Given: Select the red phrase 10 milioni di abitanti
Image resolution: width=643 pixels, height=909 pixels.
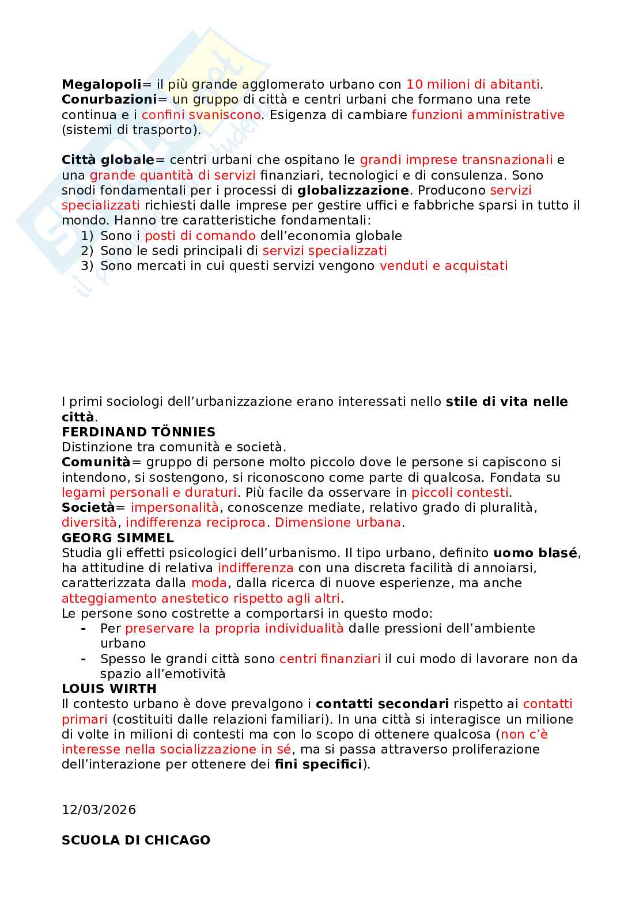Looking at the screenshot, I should [x=473, y=85].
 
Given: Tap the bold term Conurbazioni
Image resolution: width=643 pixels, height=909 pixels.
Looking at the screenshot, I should [x=109, y=100].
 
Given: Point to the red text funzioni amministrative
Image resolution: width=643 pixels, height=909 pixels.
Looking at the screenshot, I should [x=488, y=115].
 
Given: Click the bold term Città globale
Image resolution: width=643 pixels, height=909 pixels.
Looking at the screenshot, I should [x=108, y=160].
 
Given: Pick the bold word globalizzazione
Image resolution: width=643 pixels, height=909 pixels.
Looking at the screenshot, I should [x=353, y=190].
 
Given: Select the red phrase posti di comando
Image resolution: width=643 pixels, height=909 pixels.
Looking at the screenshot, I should [x=200, y=235].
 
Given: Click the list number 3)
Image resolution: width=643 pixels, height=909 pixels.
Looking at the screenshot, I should [x=87, y=265].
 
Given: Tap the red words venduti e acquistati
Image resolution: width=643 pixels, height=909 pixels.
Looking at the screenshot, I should [x=444, y=265].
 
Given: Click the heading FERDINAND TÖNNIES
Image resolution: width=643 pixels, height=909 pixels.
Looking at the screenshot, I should [x=138, y=432].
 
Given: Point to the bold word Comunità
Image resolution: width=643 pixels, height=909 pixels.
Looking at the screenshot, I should [x=96, y=462].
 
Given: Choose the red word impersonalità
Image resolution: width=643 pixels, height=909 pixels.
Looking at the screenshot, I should [x=175, y=507].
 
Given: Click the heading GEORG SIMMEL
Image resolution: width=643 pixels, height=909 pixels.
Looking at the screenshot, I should [x=118, y=538].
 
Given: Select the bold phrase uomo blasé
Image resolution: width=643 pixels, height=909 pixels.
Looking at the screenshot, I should [x=535, y=553].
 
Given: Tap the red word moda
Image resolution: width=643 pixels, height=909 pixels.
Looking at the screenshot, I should [x=209, y=583].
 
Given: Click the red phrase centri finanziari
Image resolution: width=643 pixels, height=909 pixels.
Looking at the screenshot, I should [x=330, y=659].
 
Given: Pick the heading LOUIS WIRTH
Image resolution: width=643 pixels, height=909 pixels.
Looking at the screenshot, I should [x=109, y=689].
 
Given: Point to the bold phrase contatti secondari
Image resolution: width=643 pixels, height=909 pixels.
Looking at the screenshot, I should [x=382, y=703].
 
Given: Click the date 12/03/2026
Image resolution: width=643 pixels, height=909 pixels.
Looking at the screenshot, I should [x=99, y=809].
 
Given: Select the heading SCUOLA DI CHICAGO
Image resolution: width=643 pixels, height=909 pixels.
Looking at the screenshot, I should [x=136, y=840].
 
